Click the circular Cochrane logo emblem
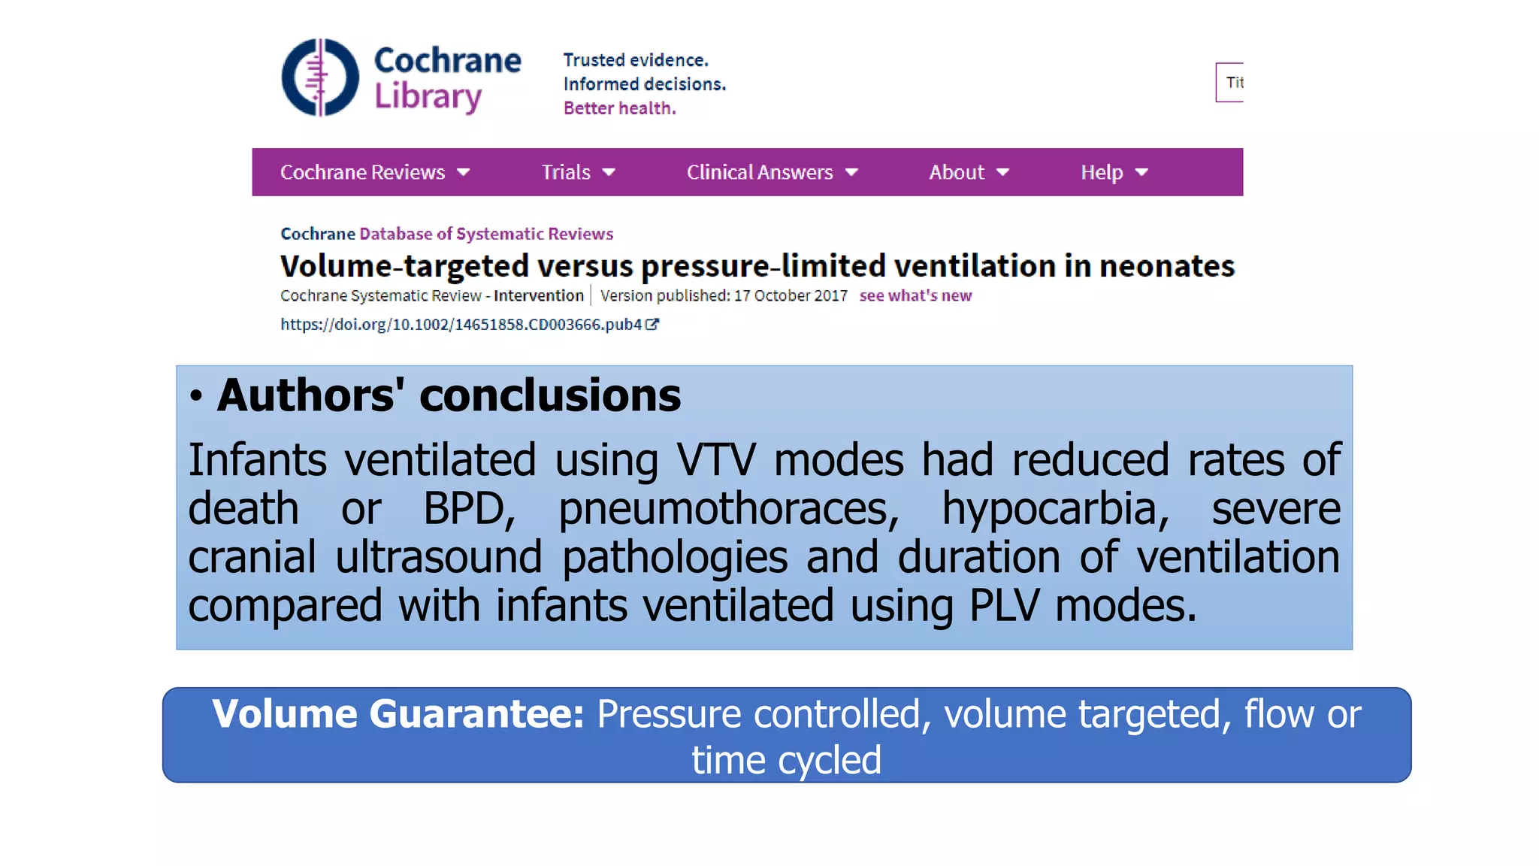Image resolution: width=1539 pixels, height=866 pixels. pyautogui.click(x=320, y=77)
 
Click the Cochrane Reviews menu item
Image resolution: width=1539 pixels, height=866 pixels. pyautogui.click(x=363, y=172)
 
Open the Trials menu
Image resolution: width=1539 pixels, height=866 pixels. pyautogui.click(x=567, y=172)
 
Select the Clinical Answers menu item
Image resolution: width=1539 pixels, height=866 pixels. pyautogui.click(x=760, y=172)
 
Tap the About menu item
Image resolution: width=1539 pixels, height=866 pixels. pyautogui.click(x=957, y=172)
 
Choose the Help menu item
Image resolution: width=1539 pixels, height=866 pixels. pyautogui.click(x=1102, y=172)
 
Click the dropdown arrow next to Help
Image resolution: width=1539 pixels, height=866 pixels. pyautogui.click(x=1141, y=172)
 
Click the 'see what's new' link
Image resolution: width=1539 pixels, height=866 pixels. pyautogui.click(x=915, y=295)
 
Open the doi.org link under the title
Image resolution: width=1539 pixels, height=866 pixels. pyautogui.click(x=461, y=324)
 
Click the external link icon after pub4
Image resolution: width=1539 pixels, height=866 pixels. pyautogui.click(x=652, y=324)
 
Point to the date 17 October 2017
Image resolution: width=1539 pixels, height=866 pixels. pyautogui.click(x=791, y=295)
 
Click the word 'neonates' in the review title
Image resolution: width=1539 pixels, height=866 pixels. pyautogui.click(x=1166, y=266)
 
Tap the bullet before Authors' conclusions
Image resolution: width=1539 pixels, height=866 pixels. pyautogui.click(x=196, y=396)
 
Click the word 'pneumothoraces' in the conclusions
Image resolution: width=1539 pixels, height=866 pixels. pyautogui.click(x=728, y=509)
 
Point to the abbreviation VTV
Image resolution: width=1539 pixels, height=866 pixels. pyautogui.click(x=715, y=460)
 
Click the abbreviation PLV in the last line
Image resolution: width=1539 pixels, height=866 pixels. pyautogui.click(x=1005, y=605)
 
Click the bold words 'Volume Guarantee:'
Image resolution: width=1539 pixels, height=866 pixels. pyautogui.click(x=398, y=713)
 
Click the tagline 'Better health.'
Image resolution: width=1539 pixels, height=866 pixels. pyautogui.click(x=620, y=108)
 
